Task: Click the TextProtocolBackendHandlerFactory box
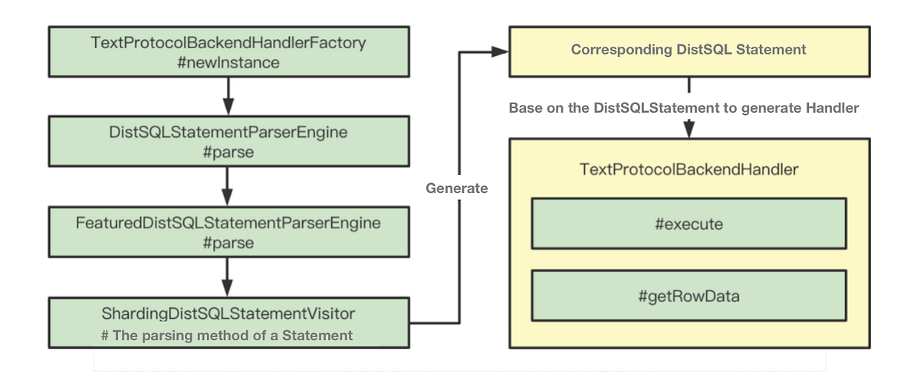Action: pos(228,52)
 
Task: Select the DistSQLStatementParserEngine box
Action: pos(228,142)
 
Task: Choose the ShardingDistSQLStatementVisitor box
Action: pos(228,323)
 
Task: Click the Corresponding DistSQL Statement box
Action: pos(688,51)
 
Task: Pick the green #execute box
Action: pos(688,224)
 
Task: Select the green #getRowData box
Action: pos(688,295)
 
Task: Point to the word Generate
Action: pos(457,188)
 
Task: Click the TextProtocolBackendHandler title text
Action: pos(688,170)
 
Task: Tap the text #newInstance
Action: pos(228,63)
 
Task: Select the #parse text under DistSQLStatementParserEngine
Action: pos(228,152)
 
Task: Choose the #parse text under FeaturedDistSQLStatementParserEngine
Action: pos(228,243)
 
